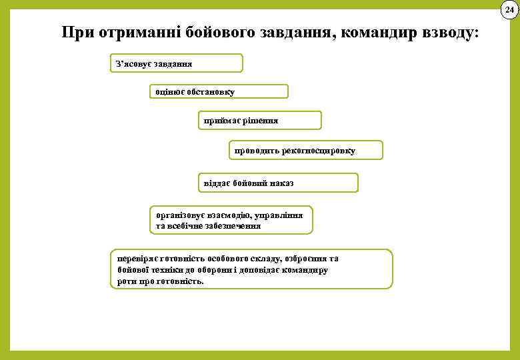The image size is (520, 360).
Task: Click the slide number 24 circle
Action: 509,9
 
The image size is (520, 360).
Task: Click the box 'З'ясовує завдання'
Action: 176,63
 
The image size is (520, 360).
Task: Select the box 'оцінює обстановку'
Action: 218,91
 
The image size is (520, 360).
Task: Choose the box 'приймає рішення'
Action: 259,121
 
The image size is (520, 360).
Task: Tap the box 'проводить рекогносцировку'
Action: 305,151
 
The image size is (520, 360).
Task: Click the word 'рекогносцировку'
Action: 319,151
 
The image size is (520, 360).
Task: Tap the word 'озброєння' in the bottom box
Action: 307,258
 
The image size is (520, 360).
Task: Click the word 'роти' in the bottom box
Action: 125,281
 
